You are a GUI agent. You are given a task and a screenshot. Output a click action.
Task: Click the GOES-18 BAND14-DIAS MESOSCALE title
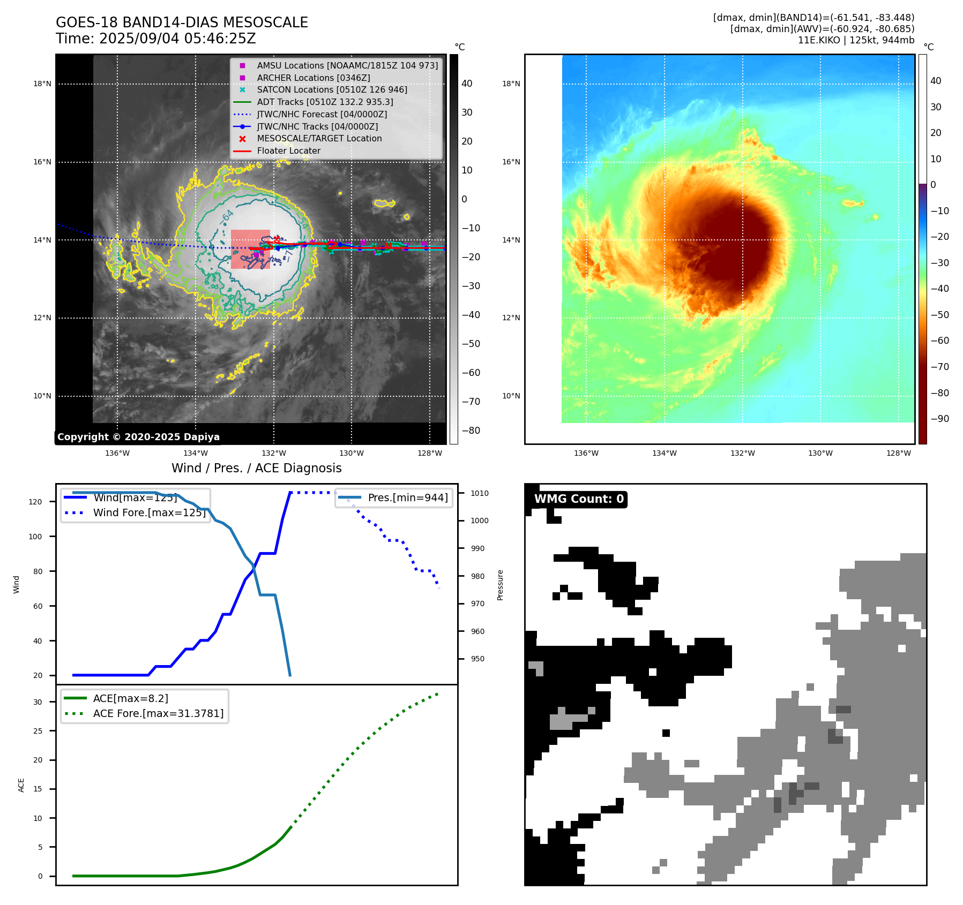click(x=182, y=22)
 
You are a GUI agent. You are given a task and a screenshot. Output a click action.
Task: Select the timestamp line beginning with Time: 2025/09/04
click(x=155, y=39)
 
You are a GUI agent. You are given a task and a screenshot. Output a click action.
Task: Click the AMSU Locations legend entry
click(x=347, y=65)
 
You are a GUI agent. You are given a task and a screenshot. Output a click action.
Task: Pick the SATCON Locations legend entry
click(x=332, y=89)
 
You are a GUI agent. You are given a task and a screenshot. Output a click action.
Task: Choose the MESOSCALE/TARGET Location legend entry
click(x=319, y=138)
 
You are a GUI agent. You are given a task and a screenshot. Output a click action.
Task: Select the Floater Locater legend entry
click(x=288, y=150)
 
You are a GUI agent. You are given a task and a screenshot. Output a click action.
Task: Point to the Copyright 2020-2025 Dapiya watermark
click(x=138, y=437)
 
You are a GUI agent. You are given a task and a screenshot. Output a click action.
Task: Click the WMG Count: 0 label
click(x=579, y=499)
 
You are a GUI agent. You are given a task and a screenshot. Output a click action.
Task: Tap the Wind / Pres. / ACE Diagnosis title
click(x=256, y=468)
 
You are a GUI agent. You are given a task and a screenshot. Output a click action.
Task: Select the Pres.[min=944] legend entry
click(x=407, y=497)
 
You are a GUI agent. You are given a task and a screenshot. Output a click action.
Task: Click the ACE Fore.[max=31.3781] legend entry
click(x=158, y=713)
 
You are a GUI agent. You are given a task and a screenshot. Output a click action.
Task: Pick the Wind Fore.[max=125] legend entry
click(x=149, y=512)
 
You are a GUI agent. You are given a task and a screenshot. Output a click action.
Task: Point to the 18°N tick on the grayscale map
click(x=42, y=84)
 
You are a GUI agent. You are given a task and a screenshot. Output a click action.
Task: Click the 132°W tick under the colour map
click(x=742, y=453)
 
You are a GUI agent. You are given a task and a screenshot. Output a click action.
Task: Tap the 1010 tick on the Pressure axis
click(x=480, y=493)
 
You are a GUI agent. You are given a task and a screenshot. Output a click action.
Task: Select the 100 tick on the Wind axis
click(x=35, y=537)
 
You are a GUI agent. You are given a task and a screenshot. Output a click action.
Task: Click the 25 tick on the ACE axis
click(x=38, y=731)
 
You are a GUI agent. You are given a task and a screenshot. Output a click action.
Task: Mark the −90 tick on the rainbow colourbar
click(x=939, y=419)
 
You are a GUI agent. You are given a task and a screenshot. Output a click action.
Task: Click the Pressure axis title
click(x=500, y=585)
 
